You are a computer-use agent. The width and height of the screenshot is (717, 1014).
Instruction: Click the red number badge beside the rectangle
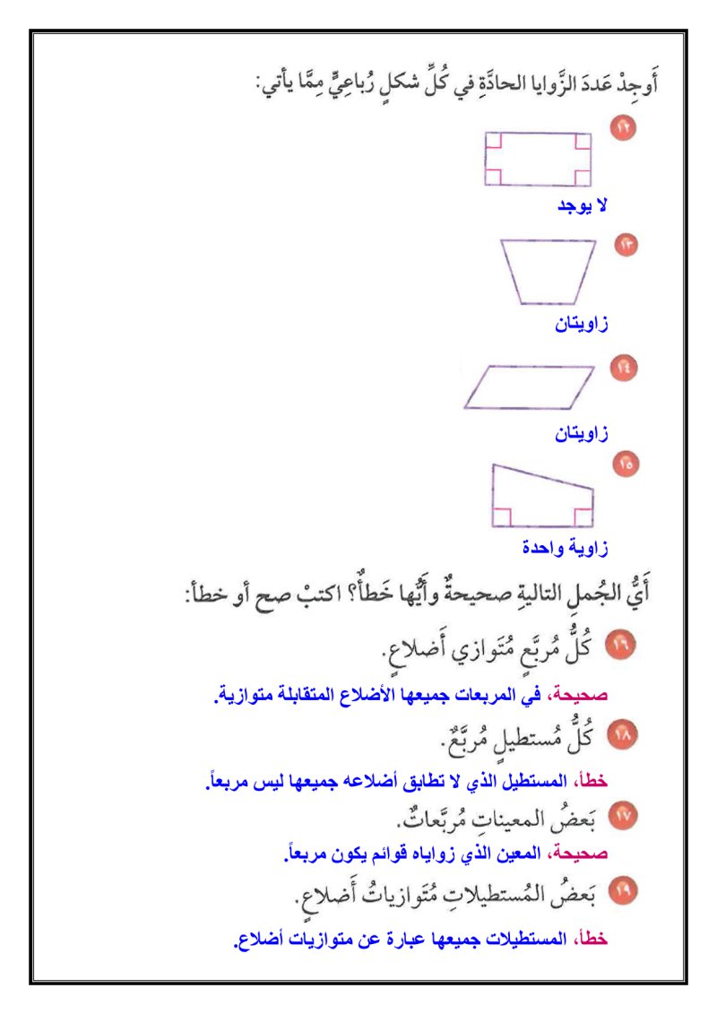click(x=623, y=128)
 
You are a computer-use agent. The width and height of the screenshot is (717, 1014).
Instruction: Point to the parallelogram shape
click(x=529, y=386)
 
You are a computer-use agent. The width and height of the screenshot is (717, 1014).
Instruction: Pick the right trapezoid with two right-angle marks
click(x=540, y=498)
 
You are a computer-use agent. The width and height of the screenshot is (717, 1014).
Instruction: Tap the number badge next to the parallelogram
click(x=623, y=368)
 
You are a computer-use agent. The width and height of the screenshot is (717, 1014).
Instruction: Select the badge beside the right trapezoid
click(x=625, y=464)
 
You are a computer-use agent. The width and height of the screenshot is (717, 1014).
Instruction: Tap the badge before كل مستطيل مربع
click(x=620, y=735)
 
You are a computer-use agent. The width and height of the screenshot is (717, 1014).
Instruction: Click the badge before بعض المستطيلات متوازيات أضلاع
click(x=620, y=891)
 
